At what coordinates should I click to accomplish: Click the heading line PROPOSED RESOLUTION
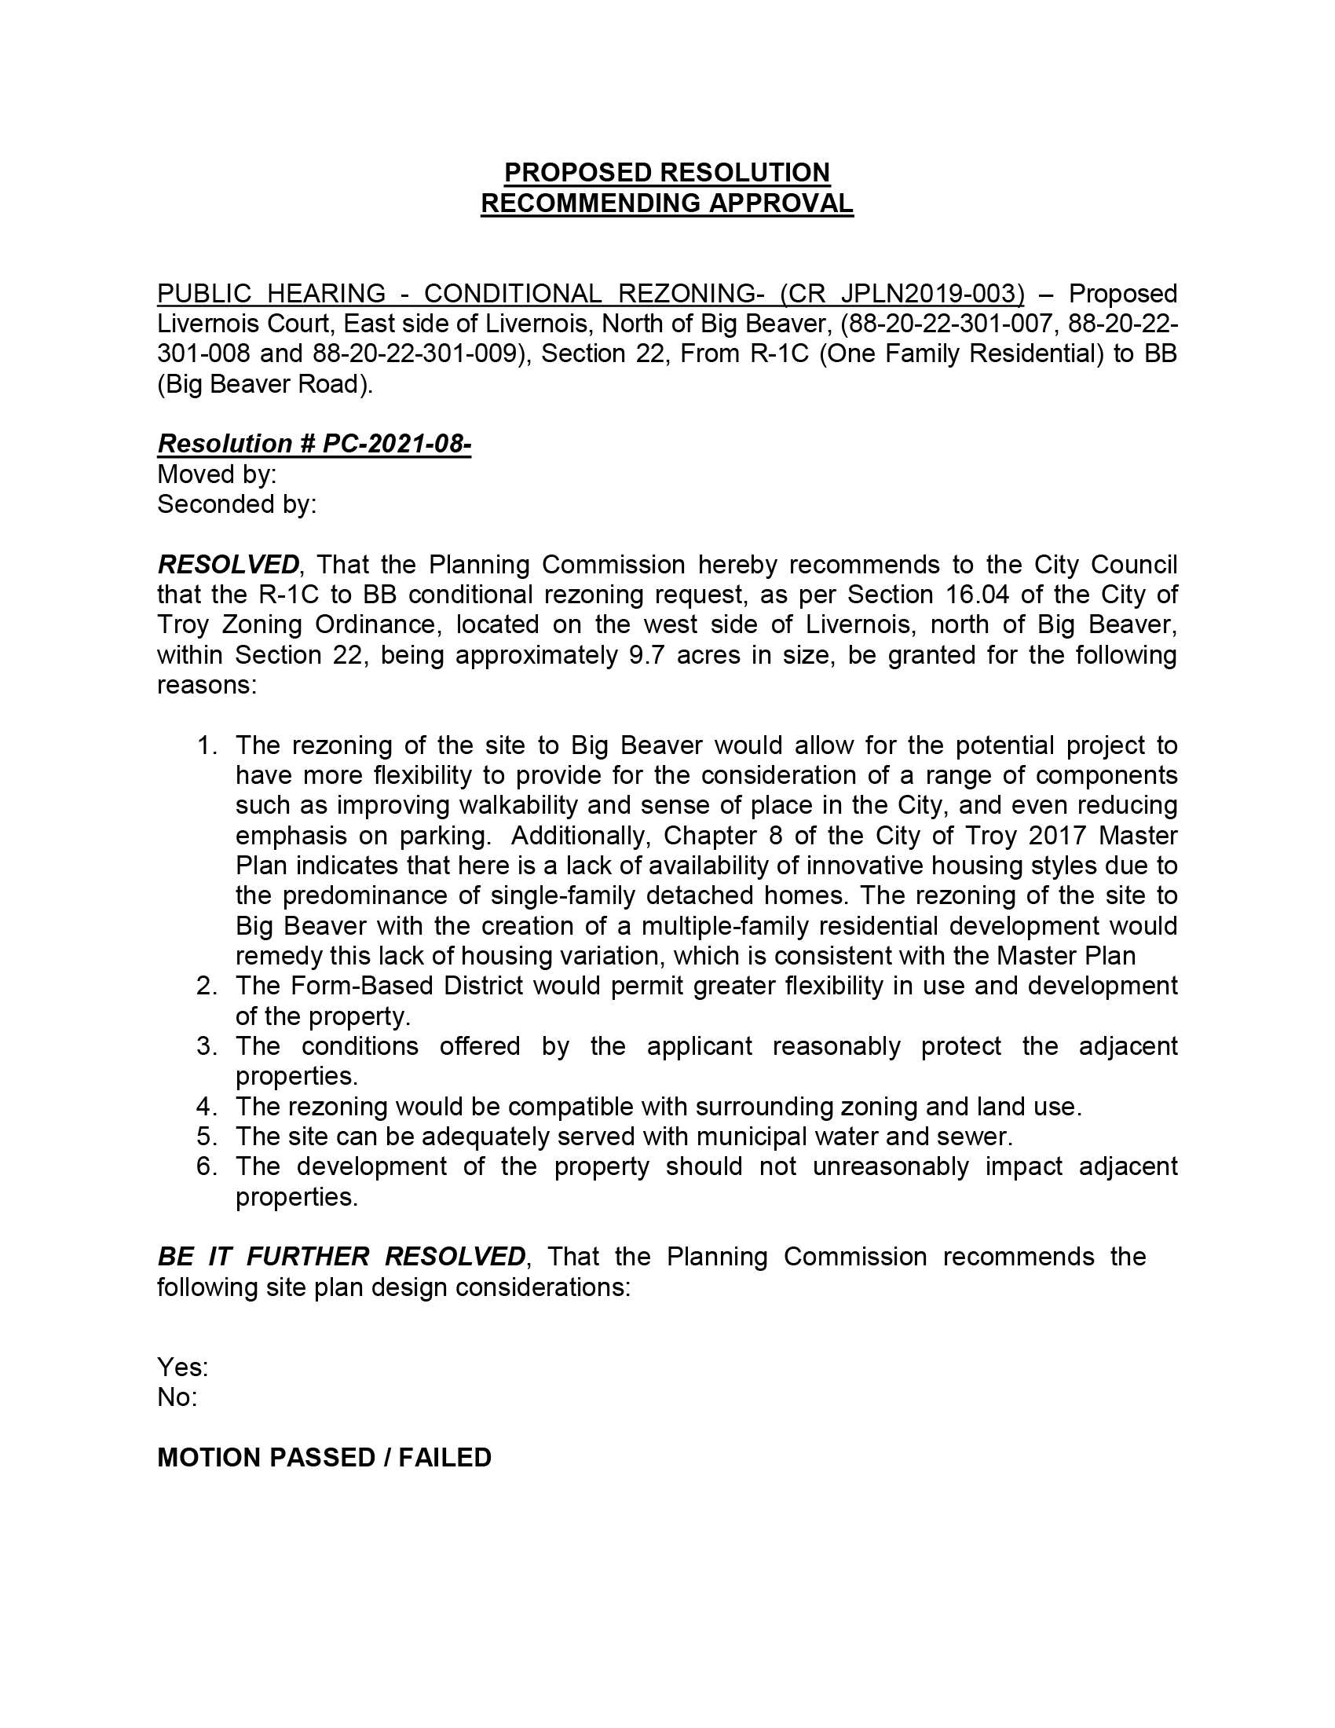pyautogui.click(x=667, y=173)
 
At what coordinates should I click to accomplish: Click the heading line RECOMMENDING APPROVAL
pyautogui.click(x=667, y=203)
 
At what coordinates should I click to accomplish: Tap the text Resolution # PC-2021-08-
pyautogui.click(x=314, y=444)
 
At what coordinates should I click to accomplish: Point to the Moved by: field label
pyautogui.click(x=217, y=474)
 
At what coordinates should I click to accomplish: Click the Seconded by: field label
pyautogui.click(x=236, y=504)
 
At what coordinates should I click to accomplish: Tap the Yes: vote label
pyautogui.click(x=183, y=1367)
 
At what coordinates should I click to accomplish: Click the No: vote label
pyautogui.click(x=177, y=1397)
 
